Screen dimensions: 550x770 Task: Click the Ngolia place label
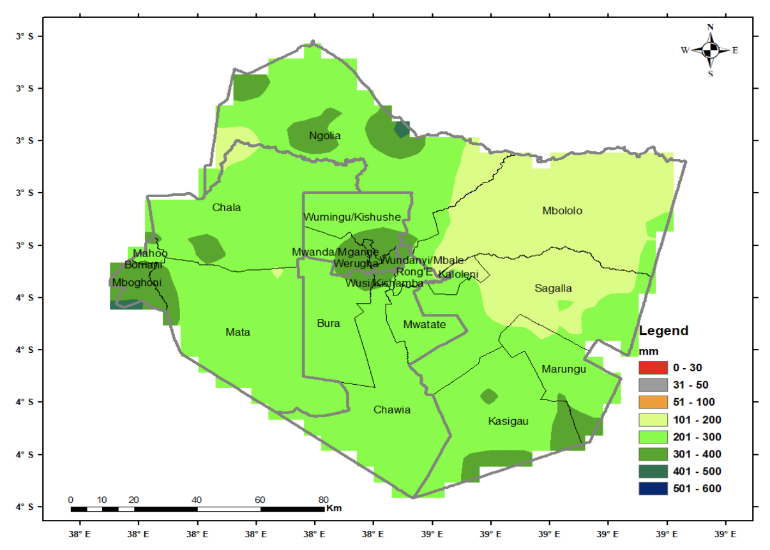click(325, 135)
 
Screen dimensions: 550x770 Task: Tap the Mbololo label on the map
click(562, 211)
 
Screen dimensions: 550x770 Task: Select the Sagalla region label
click(553, 288)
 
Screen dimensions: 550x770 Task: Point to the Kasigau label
click(508, 421)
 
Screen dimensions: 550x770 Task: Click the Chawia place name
click(392, 410)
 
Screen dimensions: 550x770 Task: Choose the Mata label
click(238, 332)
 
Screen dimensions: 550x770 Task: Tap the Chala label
click(227, 207)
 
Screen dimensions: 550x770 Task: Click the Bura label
click(328, 323)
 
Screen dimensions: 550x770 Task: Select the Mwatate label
click(424, 325)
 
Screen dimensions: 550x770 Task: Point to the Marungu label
click(563, 369)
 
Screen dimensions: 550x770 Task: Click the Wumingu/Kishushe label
click(352, 217)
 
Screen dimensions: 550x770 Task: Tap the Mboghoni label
click(137, 282)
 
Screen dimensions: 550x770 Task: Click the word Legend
click(663, 331)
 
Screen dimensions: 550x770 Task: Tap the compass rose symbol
click(710, 50)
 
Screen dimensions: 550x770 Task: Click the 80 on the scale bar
click(323, 500)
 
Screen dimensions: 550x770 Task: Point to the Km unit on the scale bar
click(333, 509)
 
